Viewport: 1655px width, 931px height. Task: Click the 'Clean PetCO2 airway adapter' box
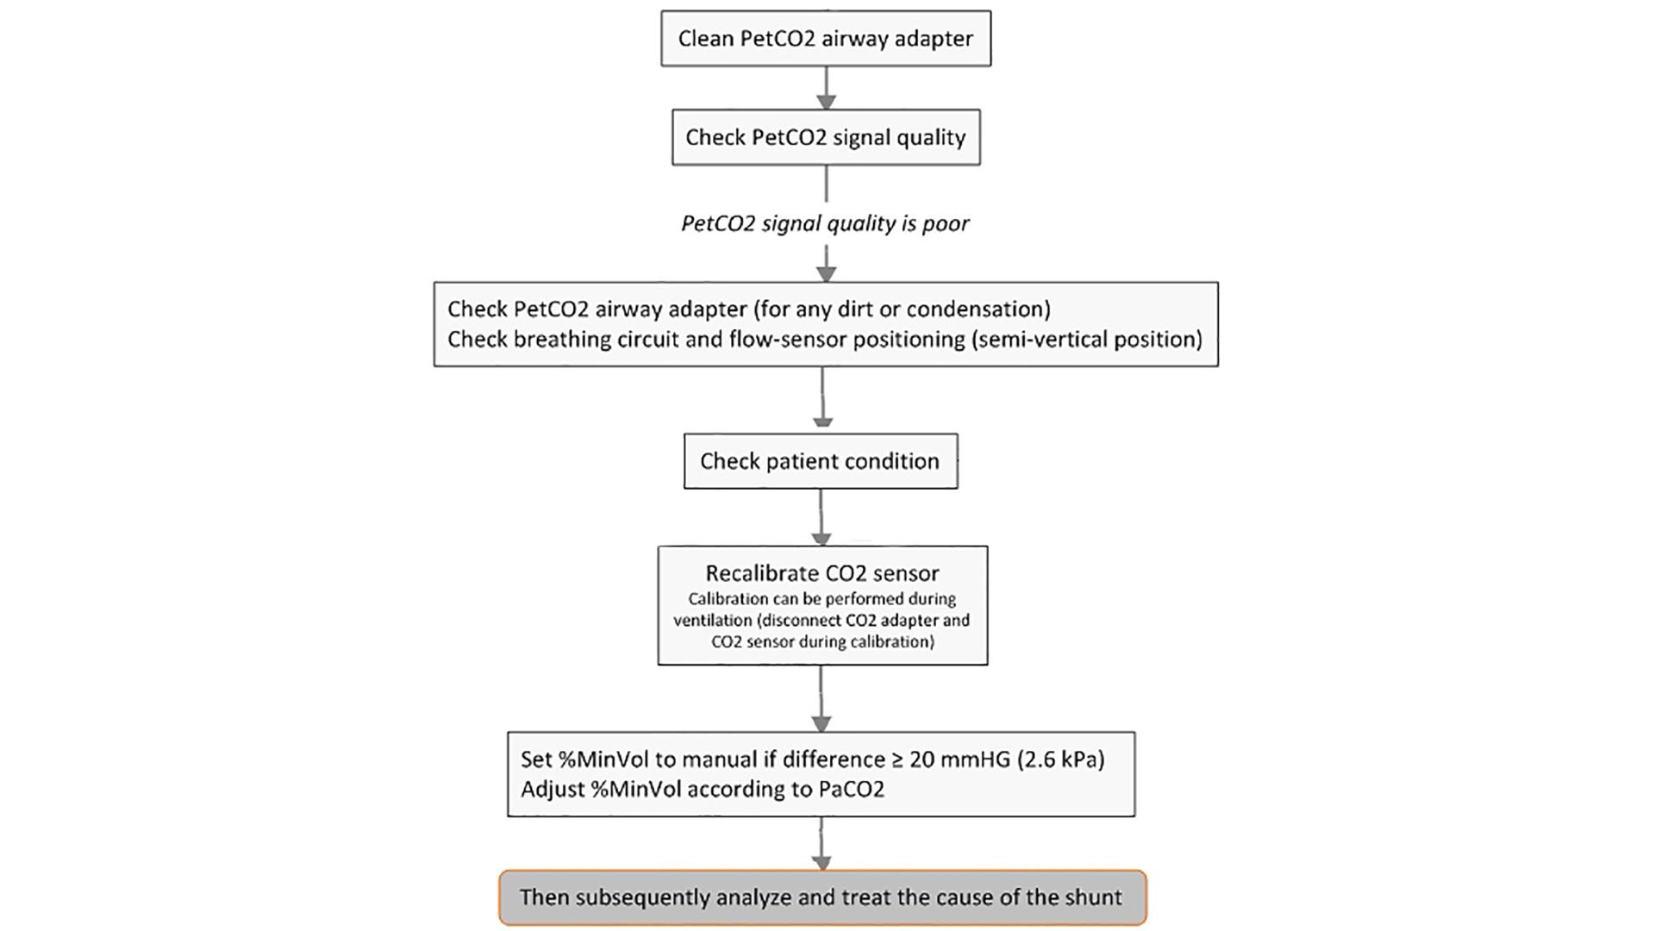pos(825,39)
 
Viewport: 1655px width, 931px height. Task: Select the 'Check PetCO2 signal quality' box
pos(825,138)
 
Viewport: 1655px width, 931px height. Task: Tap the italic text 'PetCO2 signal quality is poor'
pos(825,224)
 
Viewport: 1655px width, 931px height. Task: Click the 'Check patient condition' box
pos(820,461)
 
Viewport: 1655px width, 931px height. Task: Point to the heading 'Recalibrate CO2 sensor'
pos(821,573)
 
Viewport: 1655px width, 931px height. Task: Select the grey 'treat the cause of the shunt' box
pos(821,897)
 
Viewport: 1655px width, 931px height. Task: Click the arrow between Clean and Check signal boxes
pos(826,88)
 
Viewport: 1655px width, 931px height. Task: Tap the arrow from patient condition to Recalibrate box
pos(821,517)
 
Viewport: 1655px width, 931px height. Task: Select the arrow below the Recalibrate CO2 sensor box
pos(821,698)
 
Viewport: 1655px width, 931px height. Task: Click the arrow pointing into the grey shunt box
pos(821,845)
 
